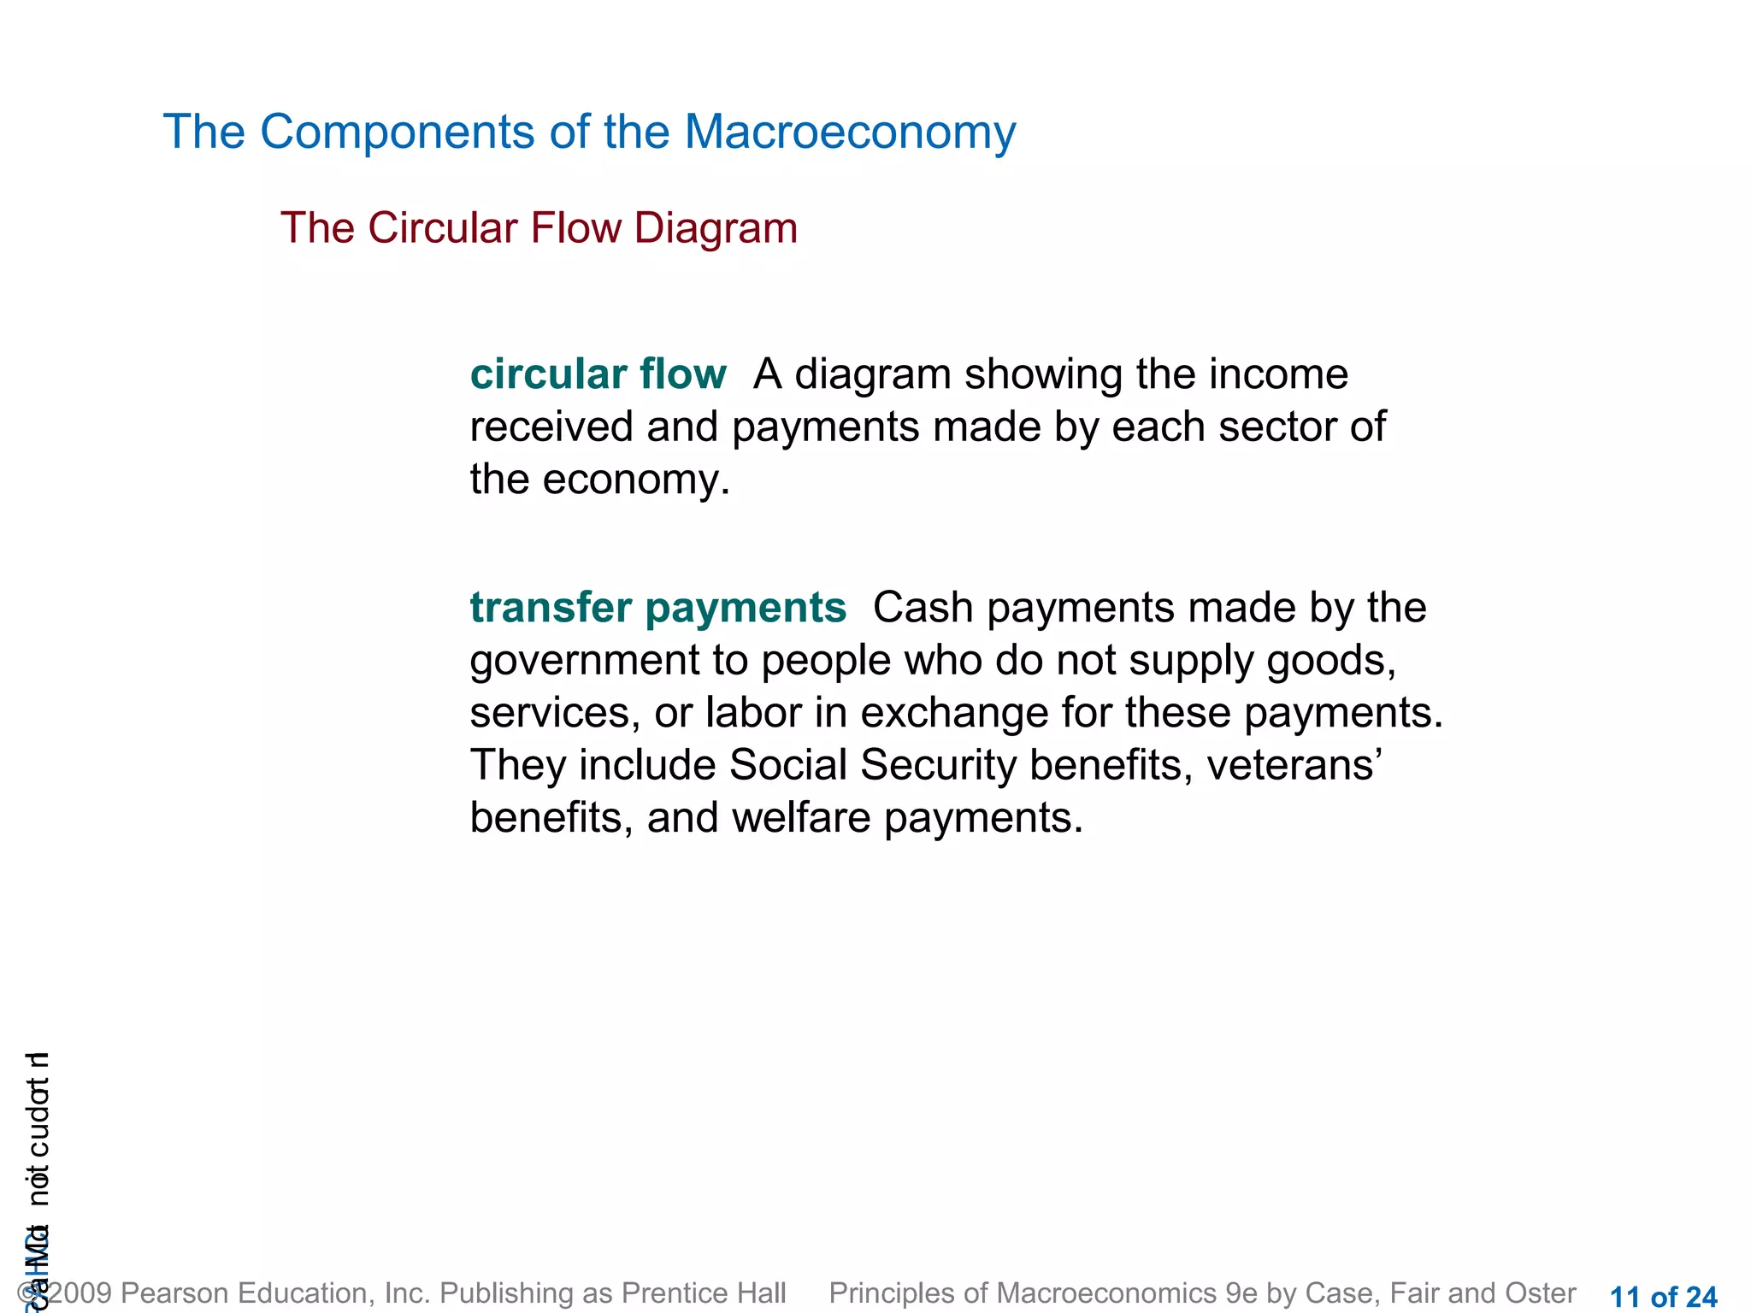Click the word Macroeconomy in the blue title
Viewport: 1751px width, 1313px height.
pyautogui.click(x=850, y=132)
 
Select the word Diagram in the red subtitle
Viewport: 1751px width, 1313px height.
pyautogui.click(x=716, y=228)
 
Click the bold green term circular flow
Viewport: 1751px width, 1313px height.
pyautogui.click(x=598, y=374)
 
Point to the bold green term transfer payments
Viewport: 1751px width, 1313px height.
pyautogui.click(x=657, y=608)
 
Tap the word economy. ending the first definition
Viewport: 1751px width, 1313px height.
pyautogui.click(x=636, y=480)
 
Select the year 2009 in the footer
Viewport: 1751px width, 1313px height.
pyautogui.click(x=80, y=1293)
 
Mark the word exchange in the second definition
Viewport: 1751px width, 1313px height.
pyautogui.click(x=953, y=713)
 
